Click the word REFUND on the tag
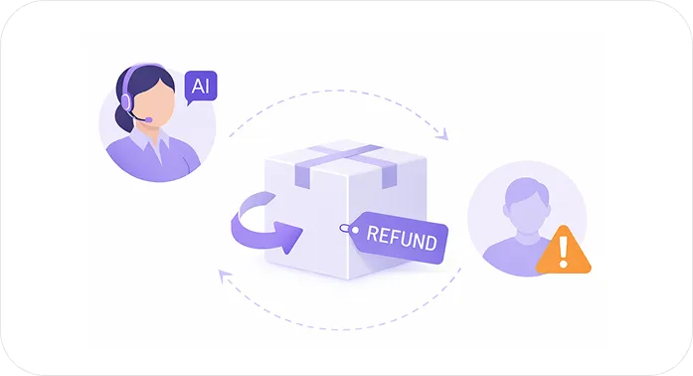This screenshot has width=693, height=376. tap(400, 239)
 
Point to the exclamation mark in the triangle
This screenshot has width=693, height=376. tap(563, 252)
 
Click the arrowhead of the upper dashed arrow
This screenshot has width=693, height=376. tap(445, 136)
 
